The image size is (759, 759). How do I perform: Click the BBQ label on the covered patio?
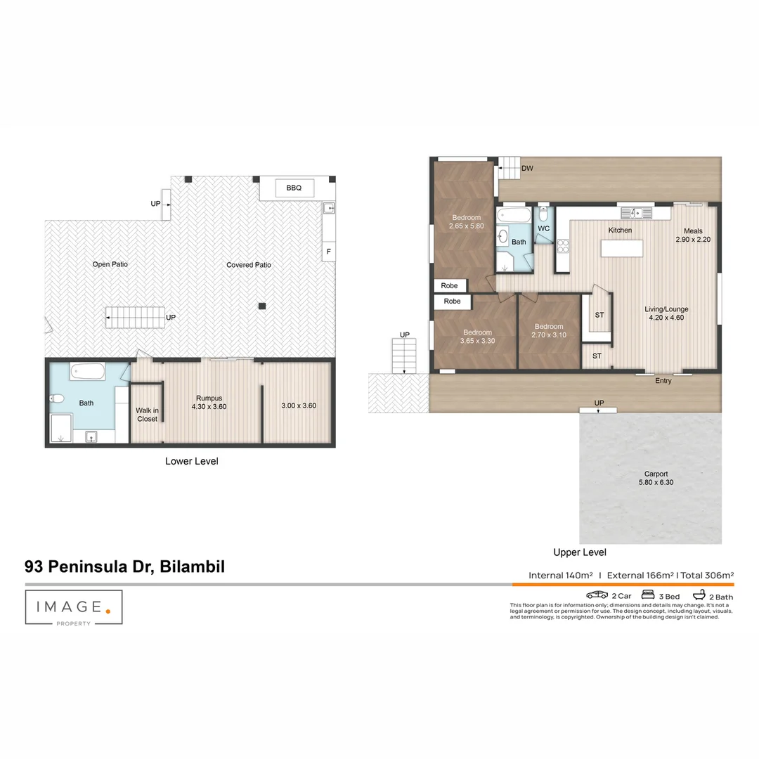(293, 188)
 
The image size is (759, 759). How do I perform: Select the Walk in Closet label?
(147, 415)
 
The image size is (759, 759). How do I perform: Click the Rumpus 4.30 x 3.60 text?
(211, 402)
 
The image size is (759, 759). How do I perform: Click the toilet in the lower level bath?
(58, 399)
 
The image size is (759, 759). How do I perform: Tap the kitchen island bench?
(623, 249)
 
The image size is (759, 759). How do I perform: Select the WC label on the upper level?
(543, 228)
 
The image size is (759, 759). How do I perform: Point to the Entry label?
(663, 381)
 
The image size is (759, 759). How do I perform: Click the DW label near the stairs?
(527, 169)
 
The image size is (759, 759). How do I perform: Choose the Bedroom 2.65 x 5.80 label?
(466, 222)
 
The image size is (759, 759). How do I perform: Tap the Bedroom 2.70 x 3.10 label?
(548, 331)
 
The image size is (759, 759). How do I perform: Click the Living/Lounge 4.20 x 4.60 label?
(666, 313)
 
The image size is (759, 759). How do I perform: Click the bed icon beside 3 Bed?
(649, 595)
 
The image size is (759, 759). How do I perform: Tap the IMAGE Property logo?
(74, 607)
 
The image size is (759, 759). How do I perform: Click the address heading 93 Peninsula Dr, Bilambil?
(124, 566)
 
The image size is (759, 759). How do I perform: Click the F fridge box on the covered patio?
(327, 251)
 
